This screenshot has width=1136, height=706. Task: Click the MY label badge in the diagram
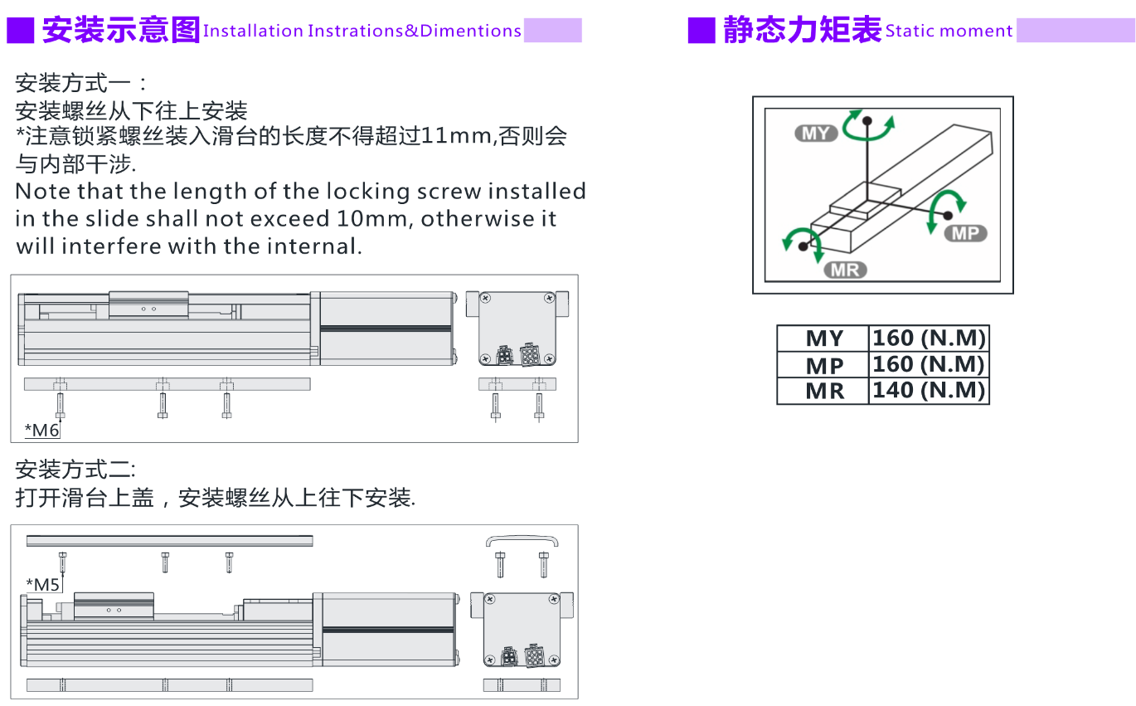tap(815, 134)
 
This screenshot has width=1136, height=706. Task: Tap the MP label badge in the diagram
tap(965, 233)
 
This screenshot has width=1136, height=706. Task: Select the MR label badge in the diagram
tap(845, 270)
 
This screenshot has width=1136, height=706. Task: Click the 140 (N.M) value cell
tap(929, 390)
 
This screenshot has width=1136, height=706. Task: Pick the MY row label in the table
tap(824, 338)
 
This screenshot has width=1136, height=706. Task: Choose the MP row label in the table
tap(824, 366)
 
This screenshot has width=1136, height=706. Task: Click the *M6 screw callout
tap(42, 431)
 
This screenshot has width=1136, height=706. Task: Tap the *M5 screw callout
tap(43, 585)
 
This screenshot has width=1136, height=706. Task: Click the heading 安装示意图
tap(121, 30)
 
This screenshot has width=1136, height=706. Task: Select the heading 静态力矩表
tap(803, 30)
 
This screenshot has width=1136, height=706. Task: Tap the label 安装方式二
tap(74, 470)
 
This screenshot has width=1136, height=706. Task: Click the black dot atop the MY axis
tap(867, 121)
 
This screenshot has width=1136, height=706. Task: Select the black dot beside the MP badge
tap(948, 215)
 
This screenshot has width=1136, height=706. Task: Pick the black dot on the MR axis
tap(803, 246)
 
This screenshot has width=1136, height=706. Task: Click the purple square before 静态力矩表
tap(702, 31)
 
